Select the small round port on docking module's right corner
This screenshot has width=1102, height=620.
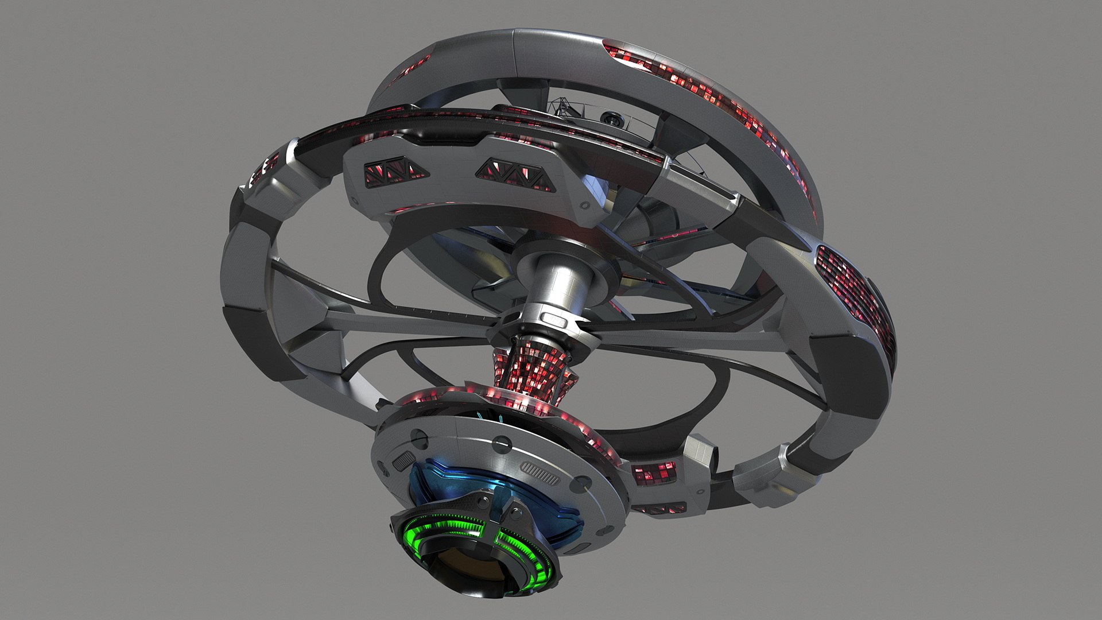585,205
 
